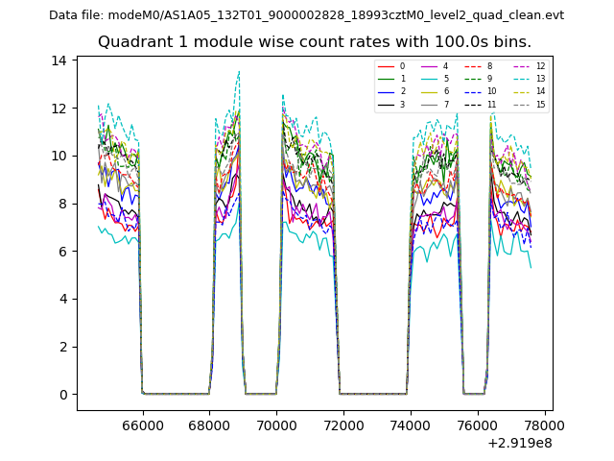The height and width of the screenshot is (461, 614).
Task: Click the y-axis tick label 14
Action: pyautogui.click(x=59, y=61)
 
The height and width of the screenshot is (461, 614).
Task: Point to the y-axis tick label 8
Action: pyautogui.click(x=62, y=204)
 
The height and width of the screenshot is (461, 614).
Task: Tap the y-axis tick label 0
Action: pyautogui.click(x=62, y=395)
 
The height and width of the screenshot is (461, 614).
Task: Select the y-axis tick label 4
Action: pyautogui.click(x=62, y=299)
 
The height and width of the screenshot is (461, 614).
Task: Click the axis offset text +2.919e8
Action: pyautogui.click(x=521, y=443)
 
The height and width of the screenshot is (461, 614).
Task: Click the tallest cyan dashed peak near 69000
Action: pyautogui.click(x=239, y=71)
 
